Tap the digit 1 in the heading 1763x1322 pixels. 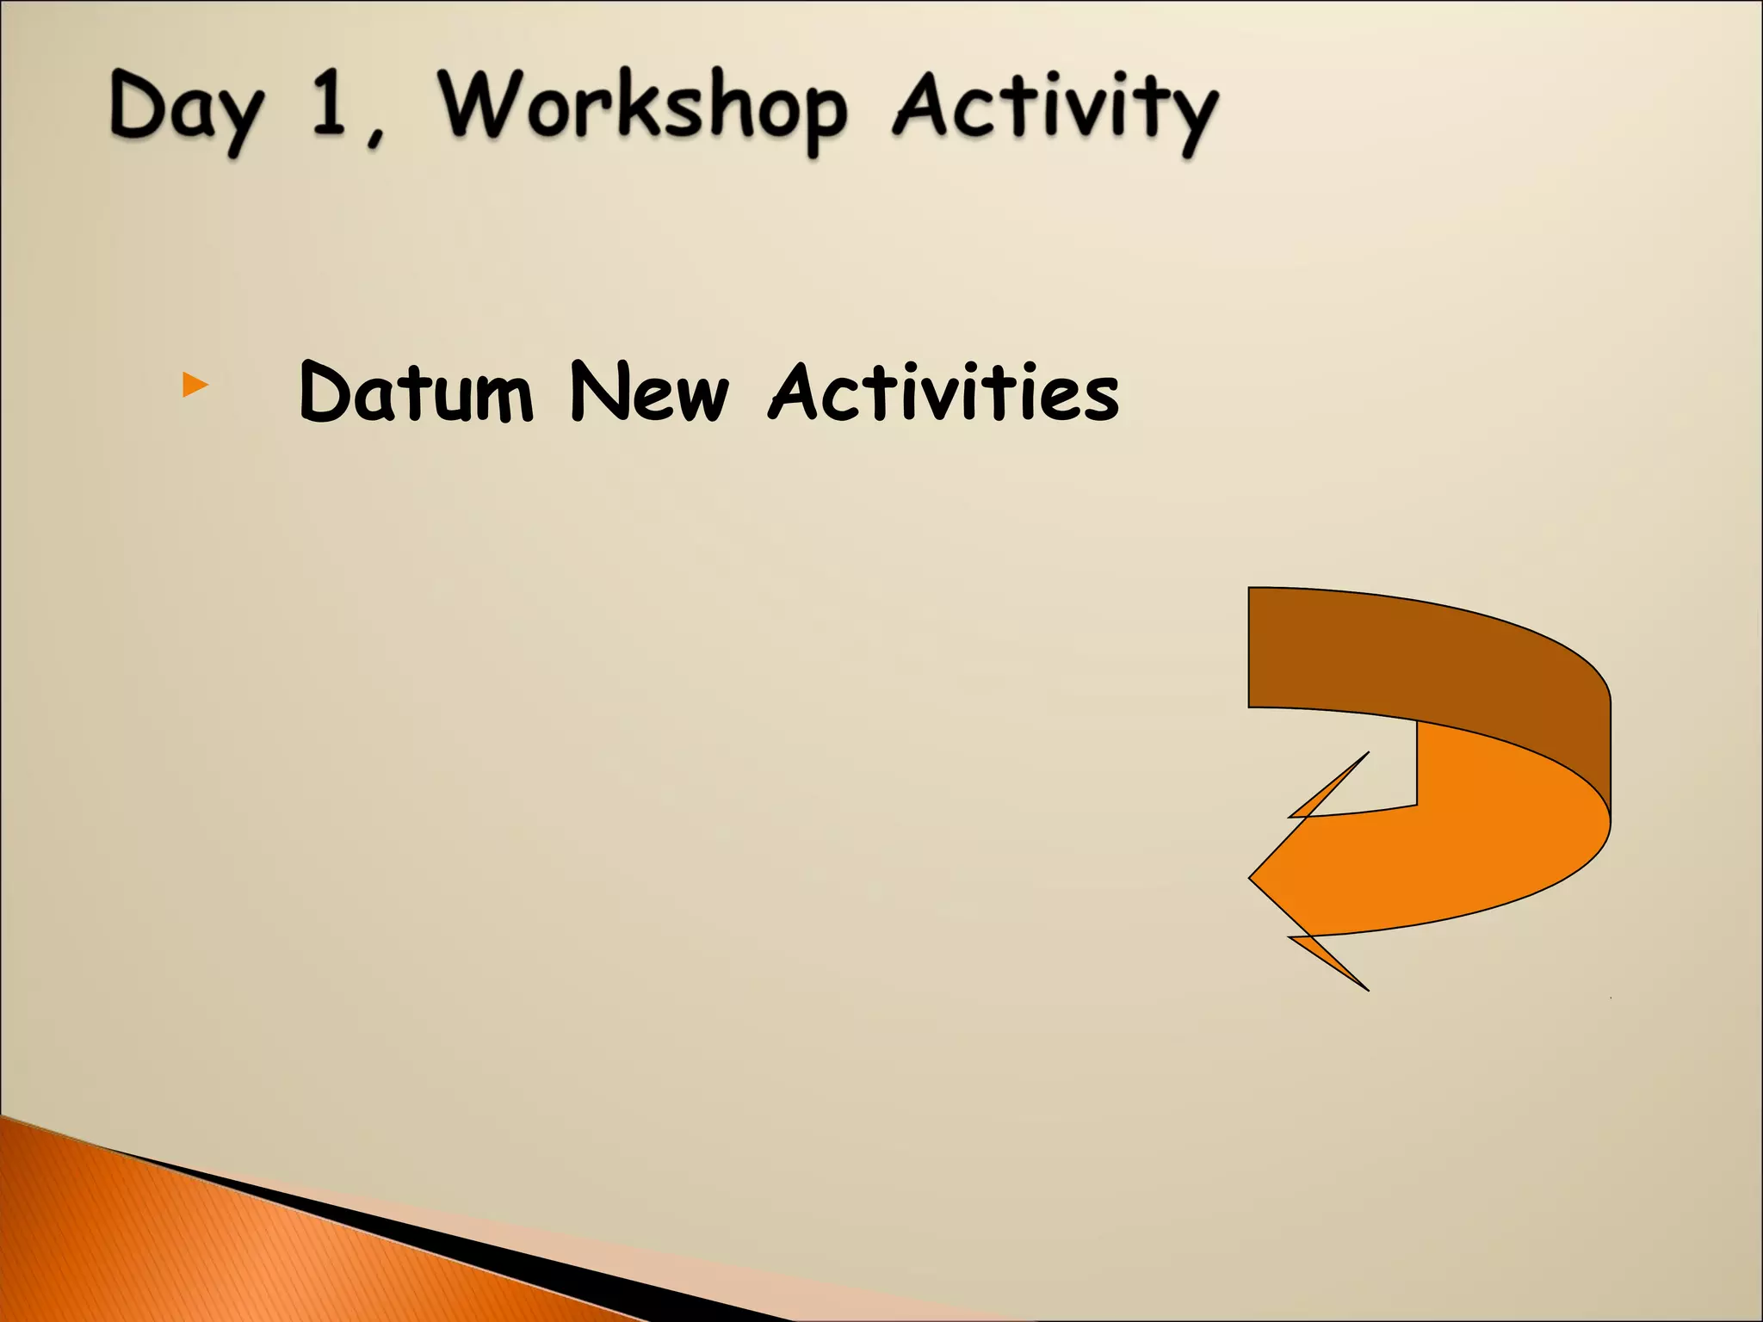coord(328,105)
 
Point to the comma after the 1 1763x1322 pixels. coord(375,135)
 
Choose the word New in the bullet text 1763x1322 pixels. coord(649,392)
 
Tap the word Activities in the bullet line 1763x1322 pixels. coord(943,392)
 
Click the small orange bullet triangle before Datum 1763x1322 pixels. coord(195,385)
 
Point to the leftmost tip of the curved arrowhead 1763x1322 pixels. coord(1252,878)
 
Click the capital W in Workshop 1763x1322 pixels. coord(479,105)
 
